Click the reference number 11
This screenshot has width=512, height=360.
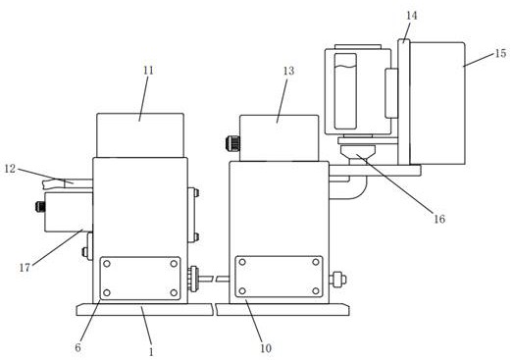(148, 71)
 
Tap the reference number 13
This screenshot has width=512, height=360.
(289, 71)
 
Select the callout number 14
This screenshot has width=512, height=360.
(412, 16)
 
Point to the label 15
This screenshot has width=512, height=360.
(500, 53)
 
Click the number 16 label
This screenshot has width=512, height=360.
(439, 219)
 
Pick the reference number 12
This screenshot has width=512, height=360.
(11, 169)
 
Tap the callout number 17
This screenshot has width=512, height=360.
(25, 268)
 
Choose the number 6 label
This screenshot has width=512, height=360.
(77, 347)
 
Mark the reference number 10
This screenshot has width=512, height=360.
(266, 348)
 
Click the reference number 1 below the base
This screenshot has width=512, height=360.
(151, 352)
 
